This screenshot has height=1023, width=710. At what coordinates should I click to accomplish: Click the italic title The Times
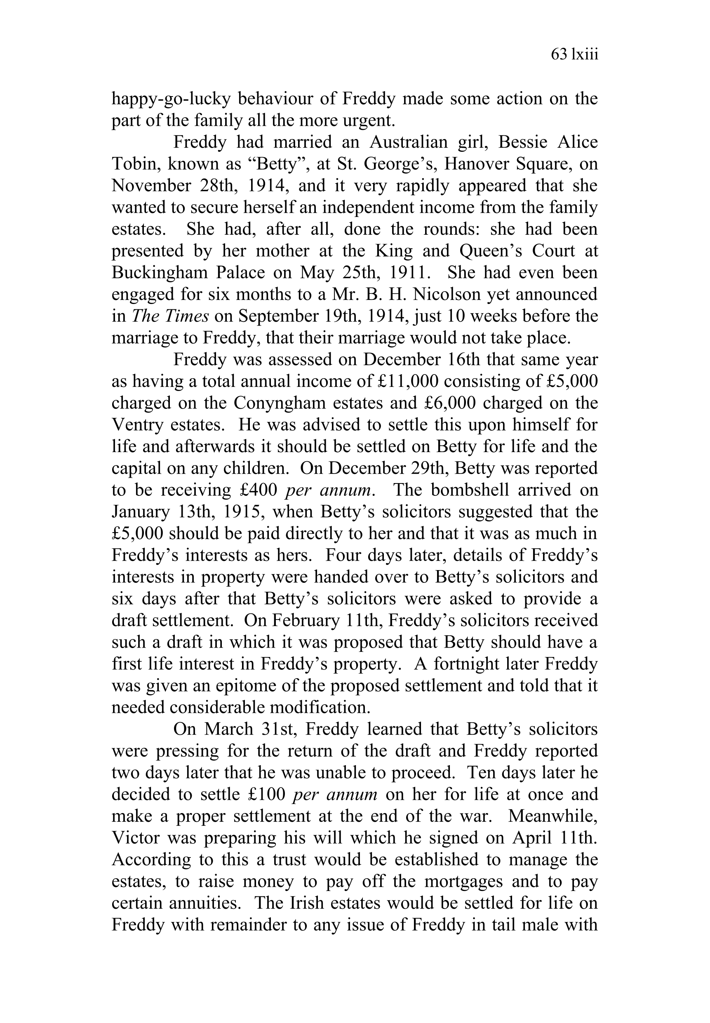pyautogui.click(x=170, y=316)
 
